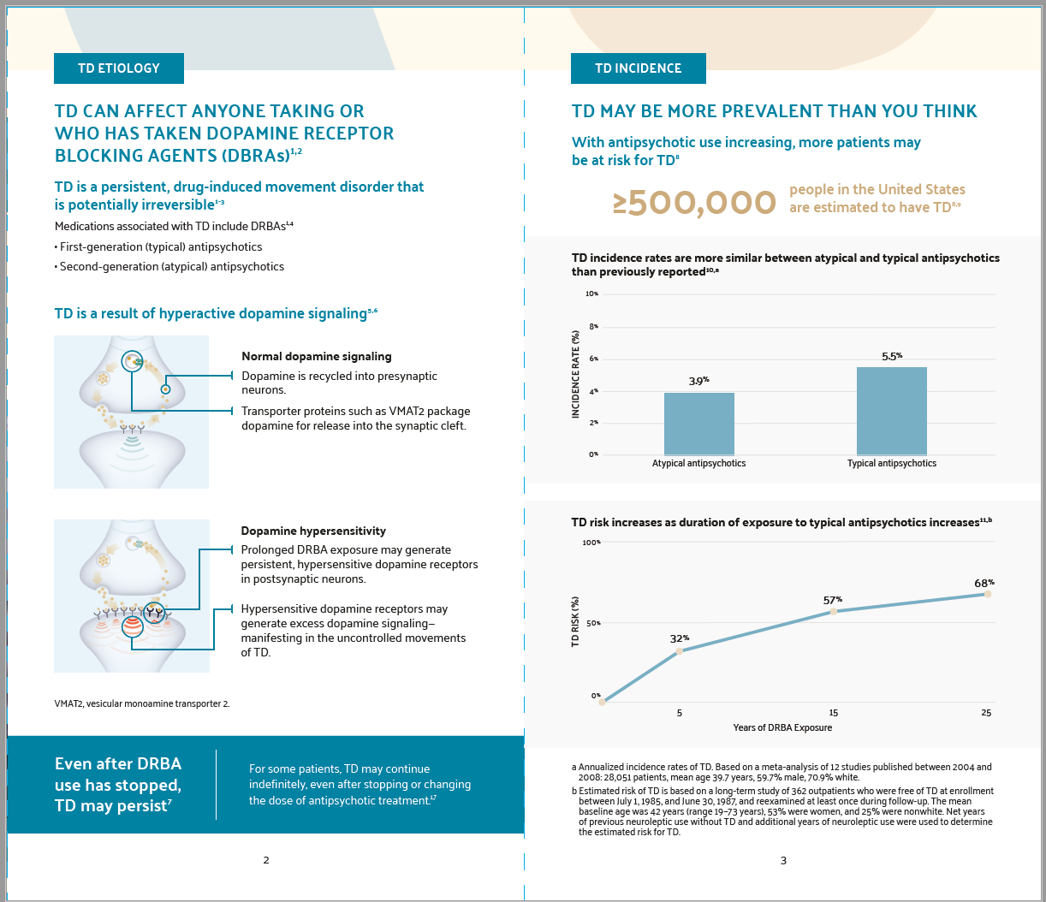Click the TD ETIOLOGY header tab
[x=118, y=68]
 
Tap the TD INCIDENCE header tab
[x=638, y=68]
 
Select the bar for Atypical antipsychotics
[x=698, y=424]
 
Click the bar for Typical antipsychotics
[x=891, y=411]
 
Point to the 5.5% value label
[x=891, y=356]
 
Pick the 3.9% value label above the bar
[x=698, y=381]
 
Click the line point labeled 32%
[x=680, y=651]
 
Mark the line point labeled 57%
[x=833, y=611]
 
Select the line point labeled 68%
[x=987, y=594]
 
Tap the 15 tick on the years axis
[x=833, y=713]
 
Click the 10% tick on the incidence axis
[x=591, y=294]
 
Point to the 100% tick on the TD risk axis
[x=591, y=543]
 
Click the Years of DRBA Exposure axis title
[x=782, y=727]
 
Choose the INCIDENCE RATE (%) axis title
[x=576, y=375]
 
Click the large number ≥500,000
[x=694, y=203]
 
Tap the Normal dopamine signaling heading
[x=316, y=356]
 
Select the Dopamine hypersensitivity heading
[x=313, y=531]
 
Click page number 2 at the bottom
[x=266, y=860]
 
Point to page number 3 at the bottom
[x=783, y=860]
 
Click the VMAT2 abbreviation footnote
[x=142, y=703]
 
